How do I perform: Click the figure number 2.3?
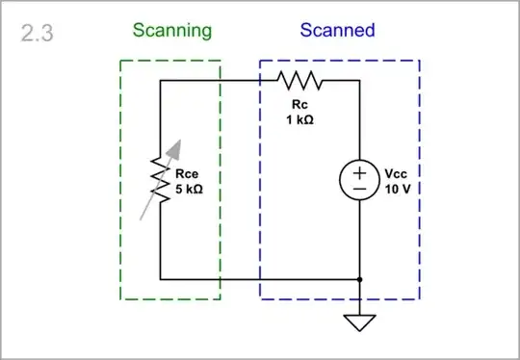click(37, 34)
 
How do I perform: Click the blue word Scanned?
click(338, 30)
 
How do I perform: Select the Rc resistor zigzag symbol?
click(298, 81)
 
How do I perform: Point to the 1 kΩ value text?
click(298, 120)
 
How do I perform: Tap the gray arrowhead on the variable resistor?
click(172, 147)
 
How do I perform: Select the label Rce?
click(186, 174)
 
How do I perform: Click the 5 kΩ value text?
click(189, 190)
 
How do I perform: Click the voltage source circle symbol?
click(358, 181)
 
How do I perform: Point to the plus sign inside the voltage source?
click(358, 172)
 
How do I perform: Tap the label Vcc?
click(396, 174)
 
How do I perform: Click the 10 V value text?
click(397, 190)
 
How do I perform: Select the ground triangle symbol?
click(359, 321)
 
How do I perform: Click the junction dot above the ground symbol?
click(359, 279)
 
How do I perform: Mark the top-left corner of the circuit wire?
click(160, 81)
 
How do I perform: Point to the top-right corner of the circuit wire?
click(359, 81)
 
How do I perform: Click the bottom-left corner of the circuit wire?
click(160, 279)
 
